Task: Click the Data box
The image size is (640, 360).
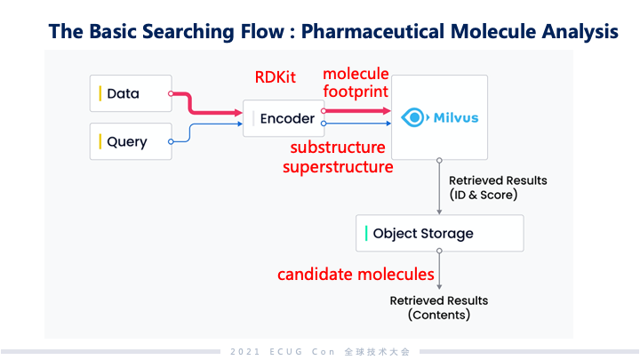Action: (131, 93)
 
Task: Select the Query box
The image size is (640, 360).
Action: (131, 141)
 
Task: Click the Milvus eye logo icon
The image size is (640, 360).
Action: (414, 117)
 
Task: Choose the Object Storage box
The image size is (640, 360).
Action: (439, 234)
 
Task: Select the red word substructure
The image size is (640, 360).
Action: (338, 147)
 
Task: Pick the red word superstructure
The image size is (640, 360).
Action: (338, 165)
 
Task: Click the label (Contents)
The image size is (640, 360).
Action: (438, 315)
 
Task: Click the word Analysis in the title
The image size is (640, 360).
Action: (579, 32)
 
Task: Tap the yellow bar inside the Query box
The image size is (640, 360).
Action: (100, 141)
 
